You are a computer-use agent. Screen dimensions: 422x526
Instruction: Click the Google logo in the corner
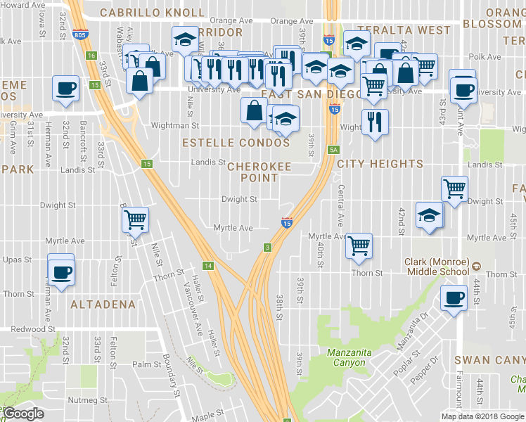23,414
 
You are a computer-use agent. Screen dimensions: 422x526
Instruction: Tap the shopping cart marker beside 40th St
359,245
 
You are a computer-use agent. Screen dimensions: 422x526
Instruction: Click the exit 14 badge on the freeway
207,265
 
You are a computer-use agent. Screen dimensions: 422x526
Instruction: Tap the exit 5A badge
333,150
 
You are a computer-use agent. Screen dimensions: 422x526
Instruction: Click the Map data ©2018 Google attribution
482,416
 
